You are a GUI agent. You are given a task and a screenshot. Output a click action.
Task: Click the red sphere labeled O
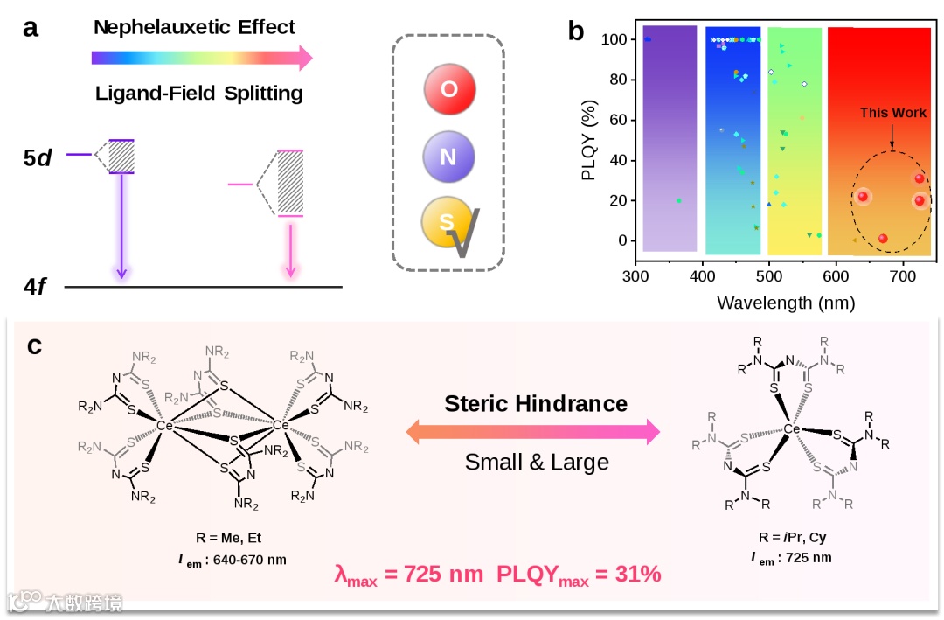point(448,88)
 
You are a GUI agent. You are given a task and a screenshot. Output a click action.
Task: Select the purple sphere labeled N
point(448,156)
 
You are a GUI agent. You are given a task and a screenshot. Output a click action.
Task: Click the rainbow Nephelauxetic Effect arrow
point(201,59)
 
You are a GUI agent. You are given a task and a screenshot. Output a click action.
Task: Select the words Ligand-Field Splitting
point(199,93)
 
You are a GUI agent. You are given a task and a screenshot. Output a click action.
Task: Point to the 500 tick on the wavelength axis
point(769,278)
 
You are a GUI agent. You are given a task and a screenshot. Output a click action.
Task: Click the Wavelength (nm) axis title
point(785,303)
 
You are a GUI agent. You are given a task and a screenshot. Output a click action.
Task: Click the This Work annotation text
point(892,113)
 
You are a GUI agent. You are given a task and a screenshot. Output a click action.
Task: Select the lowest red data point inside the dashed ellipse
point(883,239)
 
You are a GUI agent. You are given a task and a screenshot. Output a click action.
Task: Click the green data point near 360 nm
point(679,200)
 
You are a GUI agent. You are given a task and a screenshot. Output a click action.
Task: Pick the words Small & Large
point(536,461)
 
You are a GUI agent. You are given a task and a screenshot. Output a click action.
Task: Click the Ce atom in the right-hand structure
point(792,429)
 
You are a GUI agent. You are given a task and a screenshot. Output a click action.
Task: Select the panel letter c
point(34,345)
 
